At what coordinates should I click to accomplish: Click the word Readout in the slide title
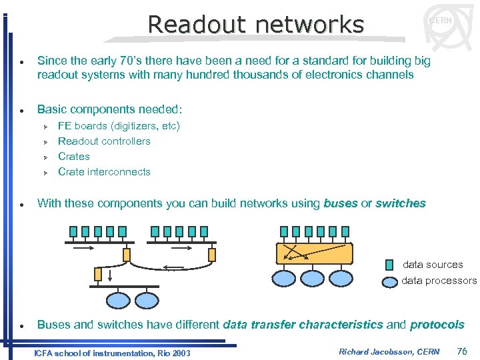pos(195,25)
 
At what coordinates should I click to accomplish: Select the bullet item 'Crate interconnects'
pos(104,172)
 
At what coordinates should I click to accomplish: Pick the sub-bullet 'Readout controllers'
pos(104,141)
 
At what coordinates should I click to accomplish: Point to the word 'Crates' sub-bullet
pos(74,157)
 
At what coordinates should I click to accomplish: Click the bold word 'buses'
pos(340,204)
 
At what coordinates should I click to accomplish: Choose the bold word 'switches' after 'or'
pos(400,204)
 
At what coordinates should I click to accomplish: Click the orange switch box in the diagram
pos(314,253)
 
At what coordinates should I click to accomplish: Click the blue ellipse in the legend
pos(390,281)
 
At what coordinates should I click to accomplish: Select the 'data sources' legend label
pos(433,265)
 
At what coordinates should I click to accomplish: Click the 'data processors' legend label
pos(439,281)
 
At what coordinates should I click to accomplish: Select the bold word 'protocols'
pos(437,325)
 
